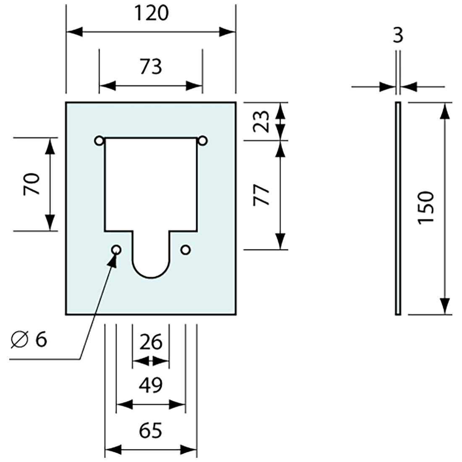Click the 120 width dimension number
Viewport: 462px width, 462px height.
[151, 13]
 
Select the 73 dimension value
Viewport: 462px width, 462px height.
[151, 66]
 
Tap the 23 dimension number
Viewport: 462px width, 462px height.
[261, 121]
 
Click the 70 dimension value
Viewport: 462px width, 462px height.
[32, 184]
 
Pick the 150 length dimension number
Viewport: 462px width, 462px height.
[427, 207]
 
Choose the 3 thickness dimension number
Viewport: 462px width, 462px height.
[398, 36]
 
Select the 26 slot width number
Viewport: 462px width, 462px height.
[151, 342]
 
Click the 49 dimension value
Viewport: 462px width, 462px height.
[151, 386]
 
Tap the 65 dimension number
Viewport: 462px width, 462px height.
[151, 430]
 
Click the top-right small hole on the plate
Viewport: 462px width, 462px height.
[202, 141]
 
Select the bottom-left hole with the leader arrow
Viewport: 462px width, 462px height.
[116, 250]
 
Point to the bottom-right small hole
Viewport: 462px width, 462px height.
[185, 250]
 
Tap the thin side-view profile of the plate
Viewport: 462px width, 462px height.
[398, 208]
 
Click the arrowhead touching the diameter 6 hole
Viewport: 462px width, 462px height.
[112, 260]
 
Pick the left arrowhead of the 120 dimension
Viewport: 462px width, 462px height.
[74, 32]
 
